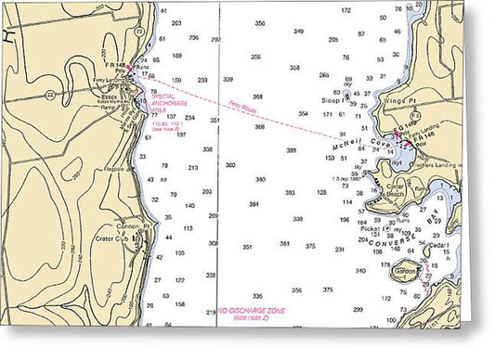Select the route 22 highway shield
[x=138, y=31]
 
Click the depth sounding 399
[x=292, y=149]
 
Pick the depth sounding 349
[x=298, y=31]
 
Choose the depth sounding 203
[x=176, y=22]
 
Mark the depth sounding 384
[x=254, y=204]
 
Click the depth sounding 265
[x=323, y=74]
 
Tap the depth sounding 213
[x=193, y=168]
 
